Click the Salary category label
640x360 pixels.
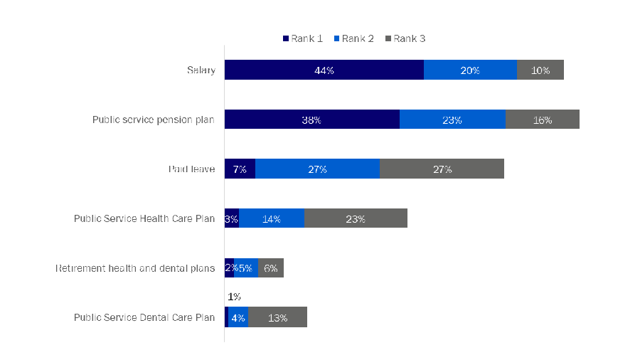click(201, 70)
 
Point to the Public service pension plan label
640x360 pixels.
click(154, 120)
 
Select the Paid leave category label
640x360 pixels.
click(191, 169)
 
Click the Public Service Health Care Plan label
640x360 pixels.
click(144, 218)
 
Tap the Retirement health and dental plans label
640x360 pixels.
click(135, 268)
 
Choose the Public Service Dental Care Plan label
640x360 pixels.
click(144, 317)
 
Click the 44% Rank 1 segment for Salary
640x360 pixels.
click(324, 70)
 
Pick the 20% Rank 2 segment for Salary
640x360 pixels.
click(470, 70)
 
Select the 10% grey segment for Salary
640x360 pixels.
click(540, 70)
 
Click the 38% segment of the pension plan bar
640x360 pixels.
click(311, 120)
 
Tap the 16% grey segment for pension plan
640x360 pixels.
click(543, 120)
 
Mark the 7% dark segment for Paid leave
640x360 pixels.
click(240, 169)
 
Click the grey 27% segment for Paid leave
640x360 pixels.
click(442, 169)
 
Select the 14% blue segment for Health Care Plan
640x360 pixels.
click(271, 218)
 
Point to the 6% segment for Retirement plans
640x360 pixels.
click(271, 268)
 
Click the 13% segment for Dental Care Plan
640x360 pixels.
click(278, 317)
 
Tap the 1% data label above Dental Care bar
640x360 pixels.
click(235, 297)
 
